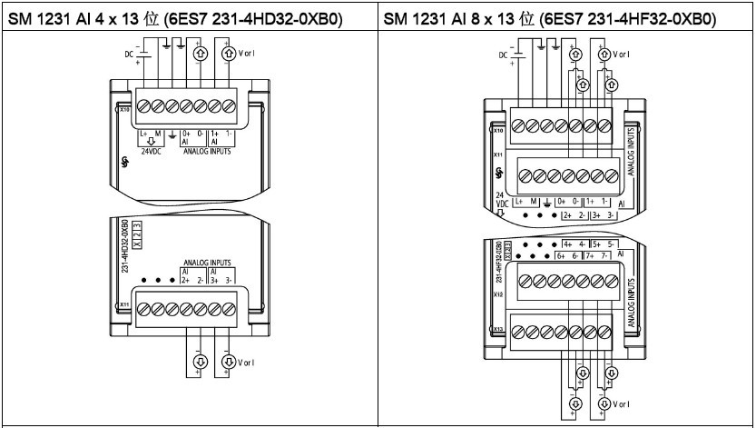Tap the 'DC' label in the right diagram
coord(505,55)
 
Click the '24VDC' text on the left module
coord(146,151)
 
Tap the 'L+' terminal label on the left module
coord(142,134)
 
